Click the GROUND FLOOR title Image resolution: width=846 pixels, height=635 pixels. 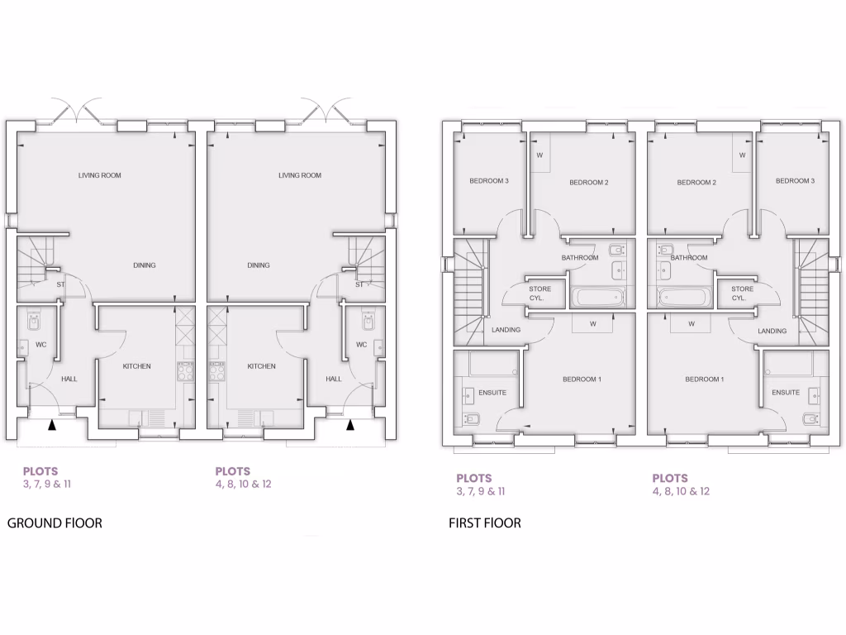55,523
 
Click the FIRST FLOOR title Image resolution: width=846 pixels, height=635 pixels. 485,523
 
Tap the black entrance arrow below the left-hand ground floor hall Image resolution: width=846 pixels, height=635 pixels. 52,426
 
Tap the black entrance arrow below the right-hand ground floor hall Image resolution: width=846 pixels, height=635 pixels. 350,426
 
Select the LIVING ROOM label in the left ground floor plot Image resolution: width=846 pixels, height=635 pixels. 100,175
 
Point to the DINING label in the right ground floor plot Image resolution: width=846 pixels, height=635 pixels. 259,265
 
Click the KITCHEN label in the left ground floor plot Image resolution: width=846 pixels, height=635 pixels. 136,366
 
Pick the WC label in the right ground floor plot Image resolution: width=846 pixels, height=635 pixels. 361,345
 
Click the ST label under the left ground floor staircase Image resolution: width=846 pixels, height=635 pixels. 60,285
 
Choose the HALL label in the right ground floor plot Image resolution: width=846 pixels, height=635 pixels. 333,379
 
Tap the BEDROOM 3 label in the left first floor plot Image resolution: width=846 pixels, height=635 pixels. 489,181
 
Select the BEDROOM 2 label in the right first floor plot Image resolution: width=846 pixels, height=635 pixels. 696,183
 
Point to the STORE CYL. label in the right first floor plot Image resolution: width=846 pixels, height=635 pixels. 742,293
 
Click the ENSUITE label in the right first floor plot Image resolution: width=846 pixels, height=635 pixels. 786,393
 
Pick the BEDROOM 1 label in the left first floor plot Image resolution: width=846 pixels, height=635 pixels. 582,380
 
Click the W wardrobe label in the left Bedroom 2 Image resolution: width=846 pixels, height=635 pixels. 539,155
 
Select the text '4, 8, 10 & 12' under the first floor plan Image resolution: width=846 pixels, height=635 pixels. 681,491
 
